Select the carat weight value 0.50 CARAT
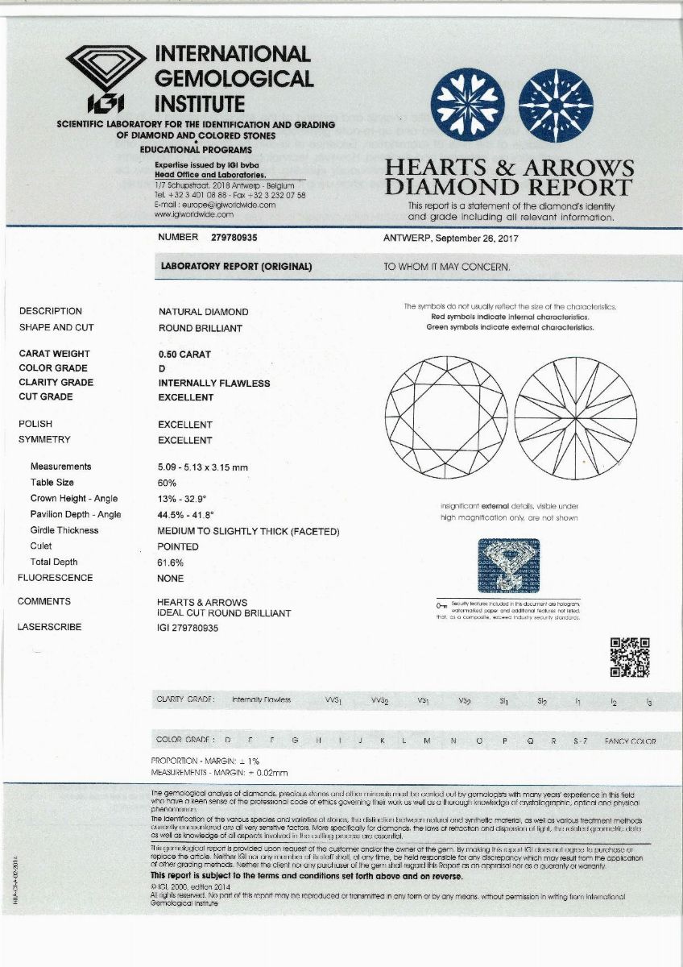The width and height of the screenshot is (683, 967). click(184, 353)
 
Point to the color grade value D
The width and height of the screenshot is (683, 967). click(162, 368)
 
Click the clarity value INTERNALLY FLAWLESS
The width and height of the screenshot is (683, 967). click(213, 383)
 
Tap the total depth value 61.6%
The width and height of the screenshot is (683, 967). click(170, 562)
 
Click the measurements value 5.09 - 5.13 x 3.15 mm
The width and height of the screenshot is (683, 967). click(203, 467)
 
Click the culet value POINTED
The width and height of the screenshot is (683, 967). click(178, 546)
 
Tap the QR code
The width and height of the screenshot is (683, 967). click(629, 657)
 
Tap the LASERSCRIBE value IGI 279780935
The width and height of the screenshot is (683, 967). click(188, 628)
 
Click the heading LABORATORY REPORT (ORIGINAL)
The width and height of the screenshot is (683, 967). click(236, 267)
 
